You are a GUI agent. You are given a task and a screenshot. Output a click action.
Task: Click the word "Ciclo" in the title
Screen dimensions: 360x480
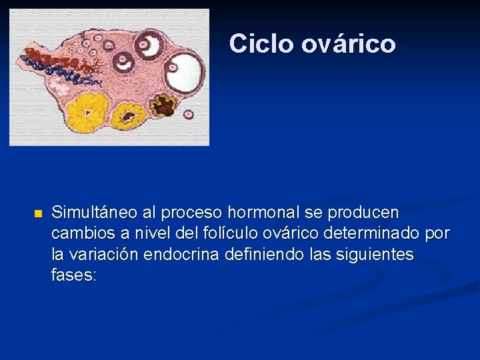point(261,44)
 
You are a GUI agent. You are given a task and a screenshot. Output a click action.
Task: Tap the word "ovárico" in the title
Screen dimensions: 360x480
point(348,44)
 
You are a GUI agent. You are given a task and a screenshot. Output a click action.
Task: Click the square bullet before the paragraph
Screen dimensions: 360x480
point(37,214)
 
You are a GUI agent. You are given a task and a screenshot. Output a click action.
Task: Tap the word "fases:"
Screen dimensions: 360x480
point(73,275)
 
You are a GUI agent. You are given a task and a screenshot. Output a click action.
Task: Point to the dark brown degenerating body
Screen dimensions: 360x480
point(162,105)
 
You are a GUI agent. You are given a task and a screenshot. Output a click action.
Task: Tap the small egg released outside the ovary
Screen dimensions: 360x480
point(189,114)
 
